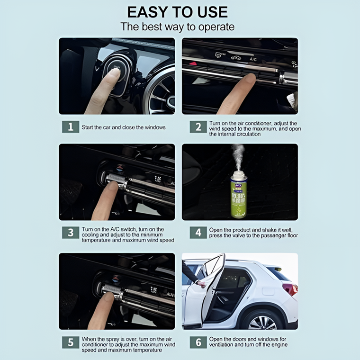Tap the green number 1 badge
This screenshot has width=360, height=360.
[71, 127]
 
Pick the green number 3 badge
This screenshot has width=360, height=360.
[71, 233]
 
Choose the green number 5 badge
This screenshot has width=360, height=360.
[71, 342]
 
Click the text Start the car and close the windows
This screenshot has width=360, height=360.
[124, 127]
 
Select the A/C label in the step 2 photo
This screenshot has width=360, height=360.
[253, 59]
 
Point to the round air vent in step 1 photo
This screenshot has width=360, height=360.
[161, 92]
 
